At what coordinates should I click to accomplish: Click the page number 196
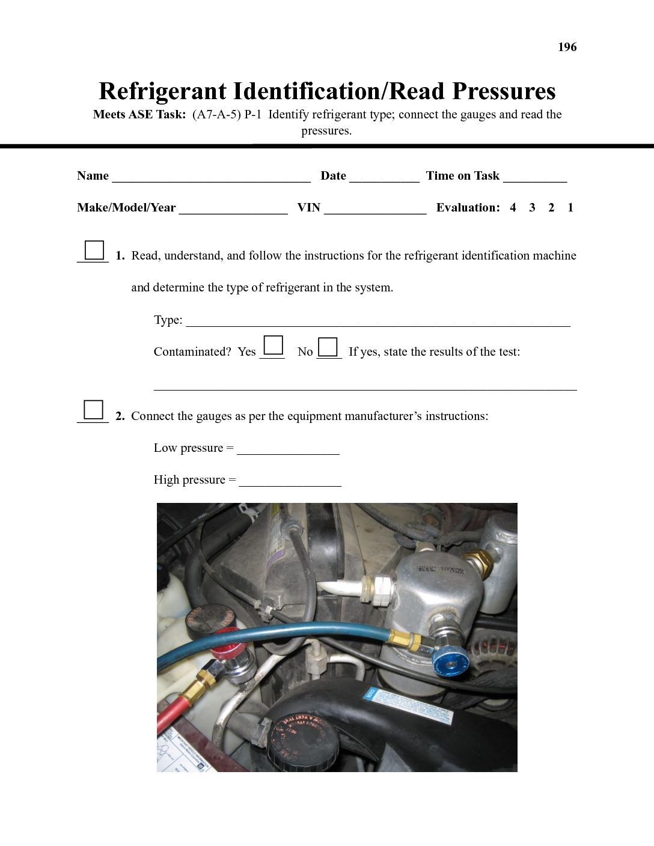click(567, 47)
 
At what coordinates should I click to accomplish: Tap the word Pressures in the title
click(504, 91)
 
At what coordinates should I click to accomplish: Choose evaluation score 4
click(513, 208)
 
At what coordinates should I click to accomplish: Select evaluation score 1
click(570, 208)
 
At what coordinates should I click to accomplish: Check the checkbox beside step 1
click(94, 249)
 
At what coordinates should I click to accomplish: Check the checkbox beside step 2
click(94, 409)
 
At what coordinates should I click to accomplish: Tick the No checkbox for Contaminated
click(328, 347)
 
